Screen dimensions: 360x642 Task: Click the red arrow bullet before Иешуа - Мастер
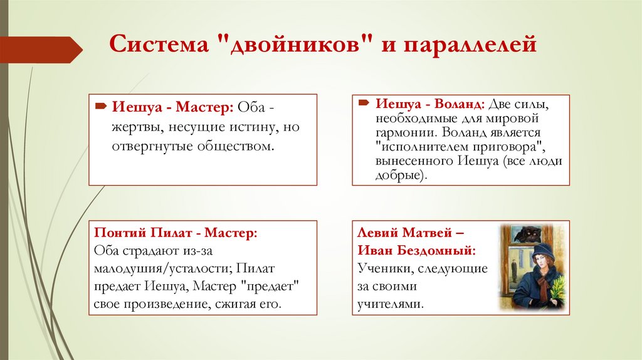101,107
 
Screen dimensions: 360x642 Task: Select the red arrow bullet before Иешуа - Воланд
364,103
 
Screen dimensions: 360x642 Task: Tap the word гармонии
404,132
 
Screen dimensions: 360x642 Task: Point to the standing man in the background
513,270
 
